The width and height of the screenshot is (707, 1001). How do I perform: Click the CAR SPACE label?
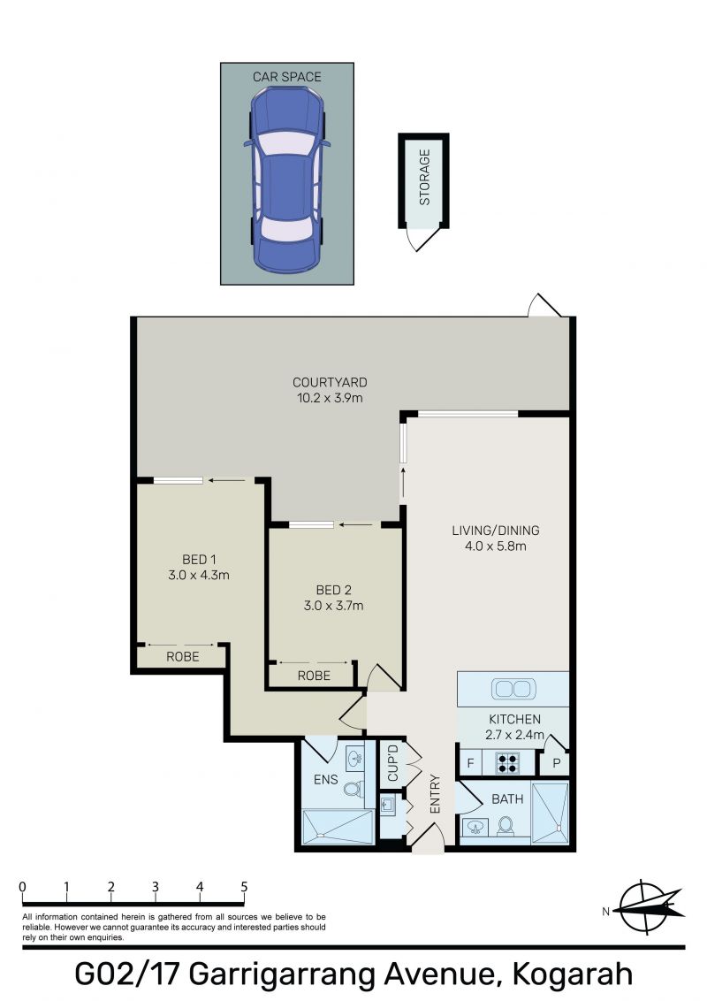tap(286, 77)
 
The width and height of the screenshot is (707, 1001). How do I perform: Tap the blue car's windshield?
tap(287, 143)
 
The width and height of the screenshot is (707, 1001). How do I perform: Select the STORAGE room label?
tap(424, 177)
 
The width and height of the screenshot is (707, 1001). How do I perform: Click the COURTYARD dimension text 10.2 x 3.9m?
tap(330, 398)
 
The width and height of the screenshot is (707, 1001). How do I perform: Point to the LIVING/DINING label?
tap(496, 530)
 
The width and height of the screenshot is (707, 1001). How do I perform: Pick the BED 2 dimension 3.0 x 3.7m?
tap(334, 606)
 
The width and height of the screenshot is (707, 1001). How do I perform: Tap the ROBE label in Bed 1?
tap(182, 656)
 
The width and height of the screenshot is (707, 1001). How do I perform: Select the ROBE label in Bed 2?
tap(314, 676)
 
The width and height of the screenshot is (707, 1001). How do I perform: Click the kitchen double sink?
tap(513, 689)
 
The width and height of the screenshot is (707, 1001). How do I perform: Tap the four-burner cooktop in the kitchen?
tap(508, 763)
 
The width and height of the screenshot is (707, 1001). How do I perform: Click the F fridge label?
tap(471, 763)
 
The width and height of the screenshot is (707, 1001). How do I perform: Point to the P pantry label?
tap(557, 763)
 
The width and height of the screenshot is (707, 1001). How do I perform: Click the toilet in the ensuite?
tap(353, 789)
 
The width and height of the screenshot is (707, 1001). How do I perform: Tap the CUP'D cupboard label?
tap(393, 762)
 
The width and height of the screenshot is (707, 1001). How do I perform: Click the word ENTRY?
tap(435, 793)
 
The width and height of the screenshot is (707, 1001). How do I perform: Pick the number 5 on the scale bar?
tap(244, 886)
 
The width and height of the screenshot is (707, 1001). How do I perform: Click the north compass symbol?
tap(646, 907)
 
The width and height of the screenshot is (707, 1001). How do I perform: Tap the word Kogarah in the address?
tap(573, 974)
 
